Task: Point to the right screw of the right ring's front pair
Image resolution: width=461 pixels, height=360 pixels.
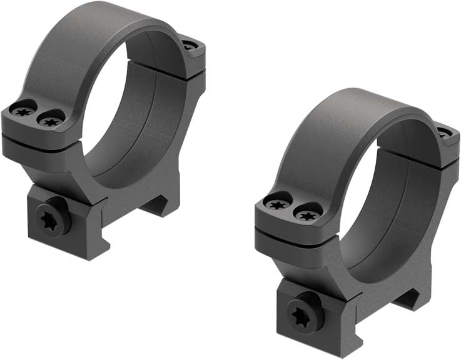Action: pos(305,212)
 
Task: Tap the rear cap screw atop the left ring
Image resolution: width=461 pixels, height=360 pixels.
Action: pos(190,45)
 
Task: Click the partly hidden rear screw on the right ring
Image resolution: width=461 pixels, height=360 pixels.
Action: pos(443,133)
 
